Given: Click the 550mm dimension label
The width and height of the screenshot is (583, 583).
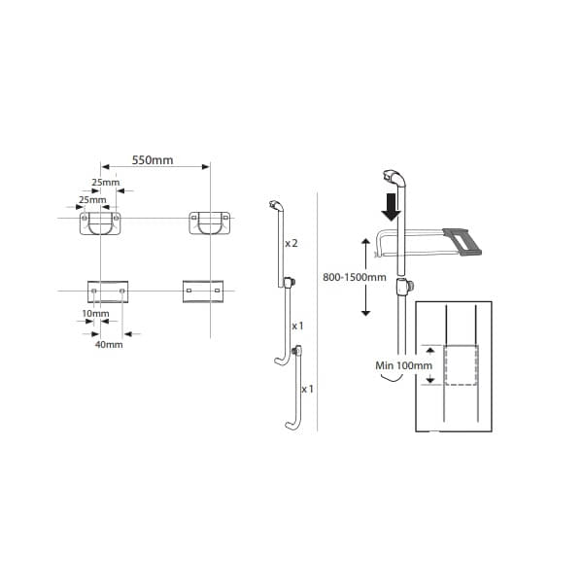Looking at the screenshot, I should (x=154, y=160).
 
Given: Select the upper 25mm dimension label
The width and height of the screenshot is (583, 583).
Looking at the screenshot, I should (x=106, y=183).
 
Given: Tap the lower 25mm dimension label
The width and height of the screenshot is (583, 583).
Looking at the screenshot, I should (x=91, y=199).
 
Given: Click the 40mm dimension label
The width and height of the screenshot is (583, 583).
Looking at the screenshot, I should (x=109, y=344).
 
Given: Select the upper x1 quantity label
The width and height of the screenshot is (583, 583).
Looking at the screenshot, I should (x=298, y=326).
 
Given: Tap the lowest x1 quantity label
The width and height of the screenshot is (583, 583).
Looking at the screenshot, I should (x=307, y=389).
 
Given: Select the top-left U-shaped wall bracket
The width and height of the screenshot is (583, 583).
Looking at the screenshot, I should (x=102, y=224).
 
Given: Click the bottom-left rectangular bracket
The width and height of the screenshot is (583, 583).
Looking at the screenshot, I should (x=108, y=291).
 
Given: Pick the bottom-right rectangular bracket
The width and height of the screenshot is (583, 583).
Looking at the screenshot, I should (x=202, y=290).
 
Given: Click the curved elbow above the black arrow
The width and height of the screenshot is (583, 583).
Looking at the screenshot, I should (x=394, y=178).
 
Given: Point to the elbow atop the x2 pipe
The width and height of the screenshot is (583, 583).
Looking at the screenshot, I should (x=276, y=205).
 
